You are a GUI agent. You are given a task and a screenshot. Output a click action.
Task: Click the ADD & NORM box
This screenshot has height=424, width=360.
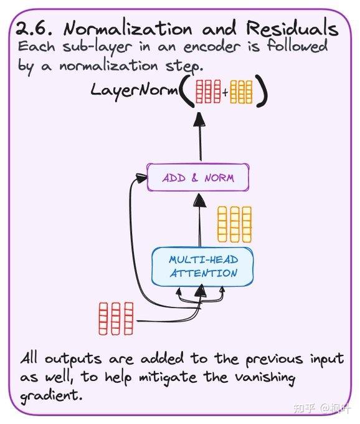(197, 177)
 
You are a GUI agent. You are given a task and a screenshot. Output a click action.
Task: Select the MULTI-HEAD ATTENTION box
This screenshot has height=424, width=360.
(202, 266)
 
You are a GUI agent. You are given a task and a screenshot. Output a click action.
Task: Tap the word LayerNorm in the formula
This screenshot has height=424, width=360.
(135, 90)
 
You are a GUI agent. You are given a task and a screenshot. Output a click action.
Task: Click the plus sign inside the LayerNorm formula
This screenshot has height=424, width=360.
(225, 93)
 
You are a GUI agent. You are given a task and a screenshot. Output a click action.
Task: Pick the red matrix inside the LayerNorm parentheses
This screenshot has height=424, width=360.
(208, 92)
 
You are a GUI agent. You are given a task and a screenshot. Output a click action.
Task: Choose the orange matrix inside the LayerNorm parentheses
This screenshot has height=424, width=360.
(241, 92)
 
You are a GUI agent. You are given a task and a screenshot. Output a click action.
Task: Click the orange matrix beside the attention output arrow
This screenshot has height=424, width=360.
(234, 224)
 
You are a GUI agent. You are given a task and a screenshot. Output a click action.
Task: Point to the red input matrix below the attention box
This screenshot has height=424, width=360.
(116, 319)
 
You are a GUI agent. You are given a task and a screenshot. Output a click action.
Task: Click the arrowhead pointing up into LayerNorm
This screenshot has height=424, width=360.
(200, 119)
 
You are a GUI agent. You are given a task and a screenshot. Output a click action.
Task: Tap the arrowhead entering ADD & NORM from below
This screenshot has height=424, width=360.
(200, 200)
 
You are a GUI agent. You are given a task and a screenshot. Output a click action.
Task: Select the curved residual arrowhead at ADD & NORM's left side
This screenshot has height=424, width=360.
(142, 178)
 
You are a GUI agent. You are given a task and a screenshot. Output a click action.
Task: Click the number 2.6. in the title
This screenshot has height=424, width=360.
(34, 28)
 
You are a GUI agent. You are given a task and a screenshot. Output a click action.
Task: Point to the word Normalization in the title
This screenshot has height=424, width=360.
(128, 29)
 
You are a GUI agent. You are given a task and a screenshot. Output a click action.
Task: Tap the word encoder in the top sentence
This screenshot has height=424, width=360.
(212, 47)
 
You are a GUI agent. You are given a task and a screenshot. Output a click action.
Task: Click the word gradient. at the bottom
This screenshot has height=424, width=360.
(51, 396)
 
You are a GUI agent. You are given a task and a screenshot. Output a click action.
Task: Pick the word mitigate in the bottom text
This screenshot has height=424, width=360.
(168, 377)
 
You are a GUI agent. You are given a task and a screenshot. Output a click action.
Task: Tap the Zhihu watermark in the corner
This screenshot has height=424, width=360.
(321, 408)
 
